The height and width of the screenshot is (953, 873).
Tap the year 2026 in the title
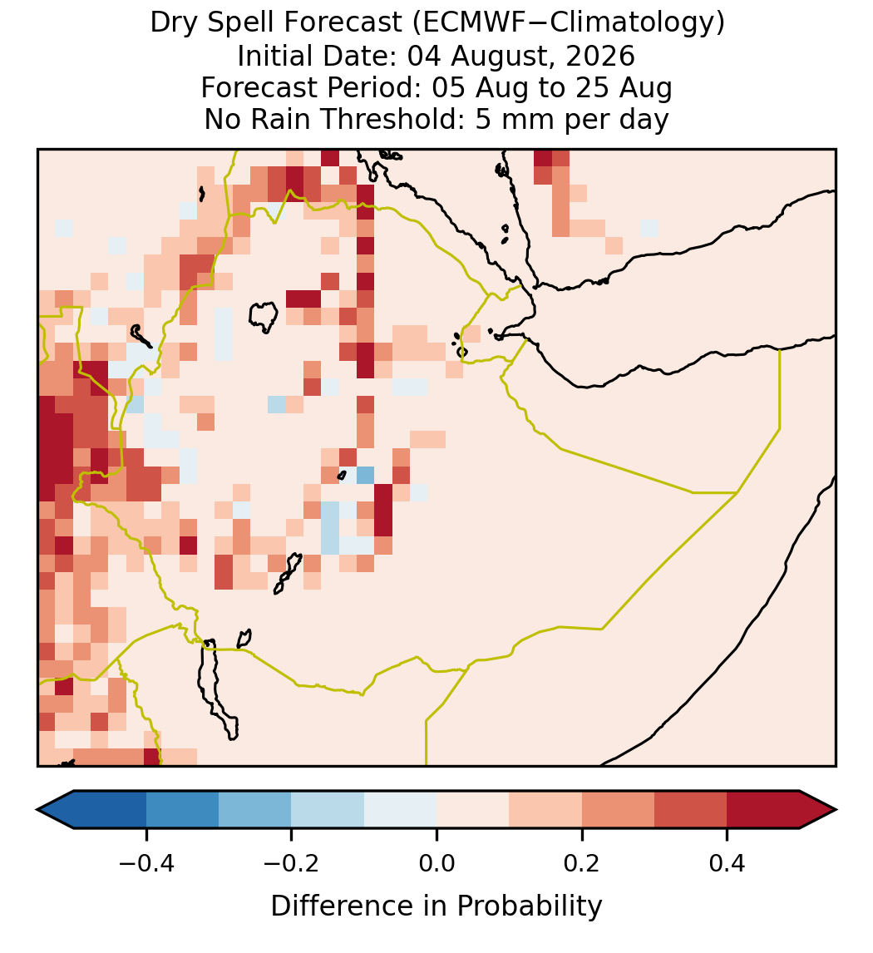(x=600, y=56)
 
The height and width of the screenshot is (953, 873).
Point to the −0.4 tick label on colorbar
(x=146, y=863)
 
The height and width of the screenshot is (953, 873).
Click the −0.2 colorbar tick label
(x=291, y=863)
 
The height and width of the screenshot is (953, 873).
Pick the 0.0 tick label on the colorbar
(x=436, y=863)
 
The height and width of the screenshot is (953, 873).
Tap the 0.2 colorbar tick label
(x=581, y=863)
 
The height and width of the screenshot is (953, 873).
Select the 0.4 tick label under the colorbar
(x=727, y=863)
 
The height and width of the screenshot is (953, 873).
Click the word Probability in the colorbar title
(x=529, y=906)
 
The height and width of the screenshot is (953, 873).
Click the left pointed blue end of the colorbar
(x=56, y=810)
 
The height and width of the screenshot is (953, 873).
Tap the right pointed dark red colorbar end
(x=818, y=810)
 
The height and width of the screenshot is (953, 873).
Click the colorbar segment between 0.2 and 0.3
(x=618, y=810)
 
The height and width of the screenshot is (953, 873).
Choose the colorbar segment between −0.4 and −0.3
(x=182, y=810)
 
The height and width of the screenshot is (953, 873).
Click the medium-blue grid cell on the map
(x=365, y=475)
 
